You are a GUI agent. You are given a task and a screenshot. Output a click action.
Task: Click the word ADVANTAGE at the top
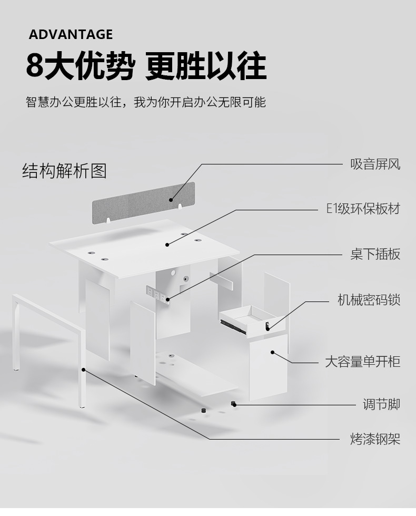(71, 35)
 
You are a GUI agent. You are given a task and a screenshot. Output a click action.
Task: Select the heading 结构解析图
(64, 171)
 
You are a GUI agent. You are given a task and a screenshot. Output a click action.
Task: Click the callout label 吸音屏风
(375, 164)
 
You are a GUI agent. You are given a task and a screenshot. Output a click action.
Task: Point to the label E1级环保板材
(363, 209)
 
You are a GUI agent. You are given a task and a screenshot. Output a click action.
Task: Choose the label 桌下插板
(375, 254)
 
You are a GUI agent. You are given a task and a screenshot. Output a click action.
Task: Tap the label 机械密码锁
(369, 300)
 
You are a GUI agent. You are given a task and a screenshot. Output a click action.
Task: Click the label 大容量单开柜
(362, 362)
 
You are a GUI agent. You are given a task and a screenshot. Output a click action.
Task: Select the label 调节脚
(381, 404)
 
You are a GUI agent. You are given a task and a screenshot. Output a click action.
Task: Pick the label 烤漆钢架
(375, 439)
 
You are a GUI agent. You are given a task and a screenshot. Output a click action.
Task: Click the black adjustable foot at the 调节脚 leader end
(234, 404)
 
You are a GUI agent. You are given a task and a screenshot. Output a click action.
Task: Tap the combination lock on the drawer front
(268, 326)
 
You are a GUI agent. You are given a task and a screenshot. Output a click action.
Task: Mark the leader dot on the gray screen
(171, 200)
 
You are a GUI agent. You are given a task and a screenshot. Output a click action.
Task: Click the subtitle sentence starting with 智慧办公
(146, 102)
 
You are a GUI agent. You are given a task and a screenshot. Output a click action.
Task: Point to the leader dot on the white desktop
(167, 244)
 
